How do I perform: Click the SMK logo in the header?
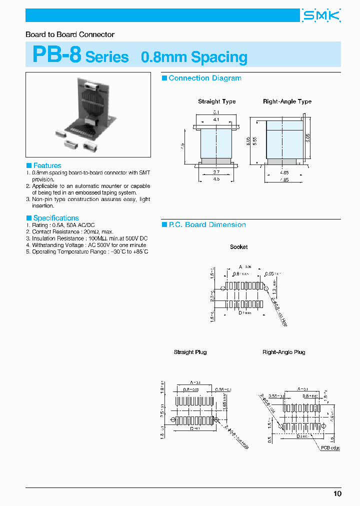[321, 16]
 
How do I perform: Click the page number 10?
[337, 493]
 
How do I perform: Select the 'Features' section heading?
[47, 165]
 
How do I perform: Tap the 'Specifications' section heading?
[55, 218]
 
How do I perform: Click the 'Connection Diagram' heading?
[204, 78]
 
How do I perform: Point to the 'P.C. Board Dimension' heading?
[207, 225]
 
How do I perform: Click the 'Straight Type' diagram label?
[216, 101]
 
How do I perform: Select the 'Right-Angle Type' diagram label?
[287, 101]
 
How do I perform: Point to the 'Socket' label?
[238, 247]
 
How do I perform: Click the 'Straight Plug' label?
[190, 352]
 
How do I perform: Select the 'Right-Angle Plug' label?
[283, 352]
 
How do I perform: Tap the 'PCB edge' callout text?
[330, 448]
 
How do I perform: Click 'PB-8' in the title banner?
[56, 55]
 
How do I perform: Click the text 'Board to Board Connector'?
[70, 34]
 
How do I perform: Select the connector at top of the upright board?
[93, 85]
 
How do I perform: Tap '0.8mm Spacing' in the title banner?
[194, 57]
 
